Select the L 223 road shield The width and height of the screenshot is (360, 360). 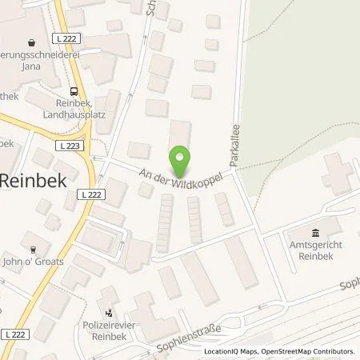[68, 145]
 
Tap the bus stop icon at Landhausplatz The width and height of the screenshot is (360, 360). [74, 92]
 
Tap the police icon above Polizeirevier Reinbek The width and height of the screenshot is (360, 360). [109, 313]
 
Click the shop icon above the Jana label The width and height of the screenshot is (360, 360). [31, 40]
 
